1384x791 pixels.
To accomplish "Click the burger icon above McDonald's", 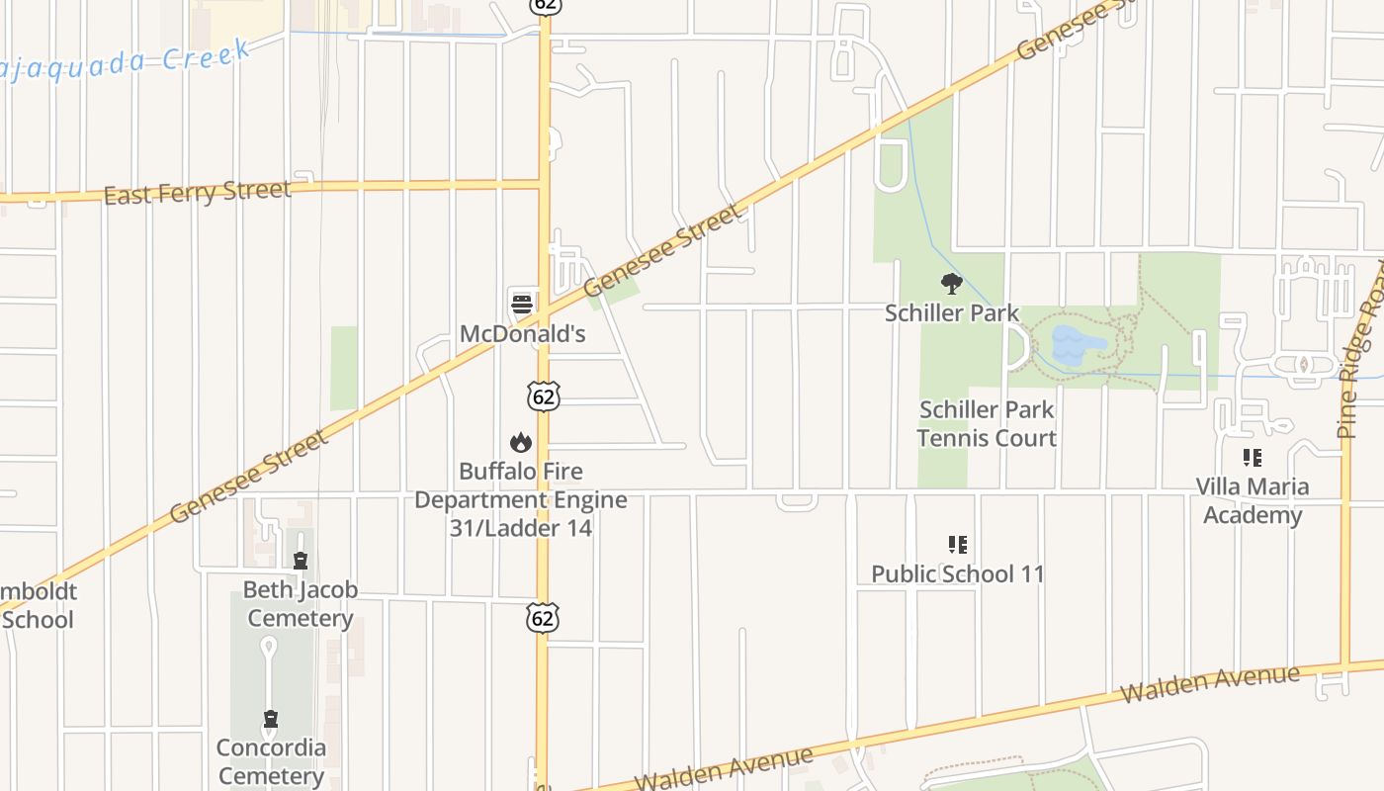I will [x=522, y=303].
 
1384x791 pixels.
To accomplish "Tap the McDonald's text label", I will [x=522, y=334].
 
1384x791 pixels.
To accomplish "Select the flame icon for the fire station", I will [x=521, y=442].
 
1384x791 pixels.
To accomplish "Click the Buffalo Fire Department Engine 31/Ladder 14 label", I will [x=521, y=499].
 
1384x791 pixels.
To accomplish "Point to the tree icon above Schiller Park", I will [x=951, y=285].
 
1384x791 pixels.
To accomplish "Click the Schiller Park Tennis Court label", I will [x=987, y=424].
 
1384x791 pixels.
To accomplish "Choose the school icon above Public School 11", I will [x=957, y=545].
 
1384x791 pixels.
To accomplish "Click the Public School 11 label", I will [x=957, y=573].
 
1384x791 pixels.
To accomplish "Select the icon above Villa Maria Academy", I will [x=1253, y=458].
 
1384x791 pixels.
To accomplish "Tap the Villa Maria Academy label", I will [x=1253, y=500].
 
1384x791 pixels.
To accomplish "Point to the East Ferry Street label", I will [x=197, y=192].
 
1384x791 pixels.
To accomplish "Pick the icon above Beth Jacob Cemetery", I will [x=301, y=562].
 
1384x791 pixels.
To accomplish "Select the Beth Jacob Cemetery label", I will [x=300, y=604].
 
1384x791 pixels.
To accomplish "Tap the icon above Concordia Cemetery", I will [x=270, y=719].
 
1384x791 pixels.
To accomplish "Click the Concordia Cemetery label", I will [x=271, y=761].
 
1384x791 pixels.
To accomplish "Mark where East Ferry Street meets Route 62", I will [x=544, y=183].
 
